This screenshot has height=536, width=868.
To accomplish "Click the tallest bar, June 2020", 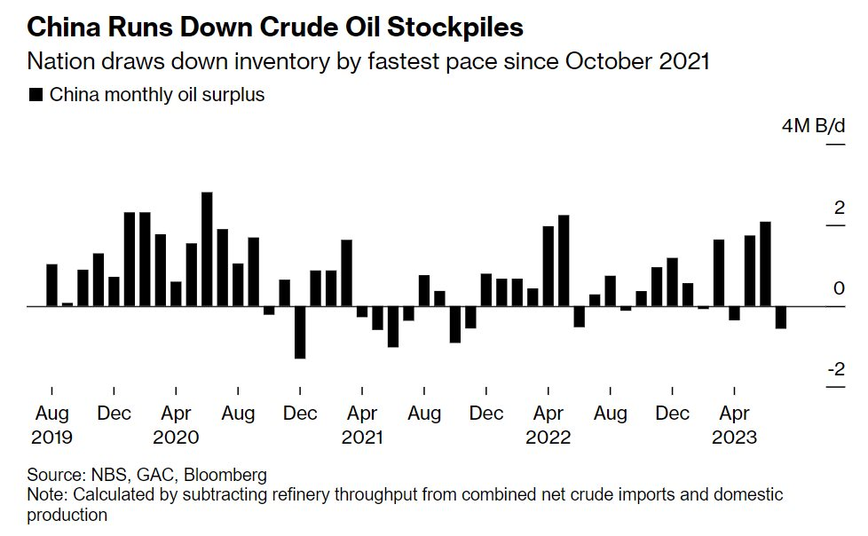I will click(x=207, y=249).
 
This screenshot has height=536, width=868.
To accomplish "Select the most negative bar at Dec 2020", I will click(x=300, y=332).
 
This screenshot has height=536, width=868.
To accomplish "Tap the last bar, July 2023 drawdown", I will click(x=781, y=317).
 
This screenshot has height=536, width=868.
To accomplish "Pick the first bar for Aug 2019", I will click(x=51, y=285).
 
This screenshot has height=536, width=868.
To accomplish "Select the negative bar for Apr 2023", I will click(x=734, y=313).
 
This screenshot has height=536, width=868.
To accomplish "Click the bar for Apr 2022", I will click(x=548, y=266).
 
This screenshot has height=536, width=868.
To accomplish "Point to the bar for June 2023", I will click(x=765, y=264).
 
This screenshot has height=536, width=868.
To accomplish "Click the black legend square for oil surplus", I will click(x=36, y=95).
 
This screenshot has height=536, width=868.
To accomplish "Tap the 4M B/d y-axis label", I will click(x=813, y=126).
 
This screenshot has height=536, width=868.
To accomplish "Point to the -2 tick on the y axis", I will click(x=835, y=370).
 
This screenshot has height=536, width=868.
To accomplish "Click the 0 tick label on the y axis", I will click(x=839, y=288).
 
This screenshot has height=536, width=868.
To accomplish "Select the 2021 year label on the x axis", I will click(x=362, y=437).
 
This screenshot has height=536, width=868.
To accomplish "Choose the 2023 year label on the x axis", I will click(x=734, y=437).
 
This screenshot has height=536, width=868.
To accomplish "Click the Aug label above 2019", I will click(x=51, y=414).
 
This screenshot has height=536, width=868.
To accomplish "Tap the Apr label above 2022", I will click(x=548, y=414).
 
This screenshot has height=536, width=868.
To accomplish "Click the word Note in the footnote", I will click(x=45, y=494).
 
